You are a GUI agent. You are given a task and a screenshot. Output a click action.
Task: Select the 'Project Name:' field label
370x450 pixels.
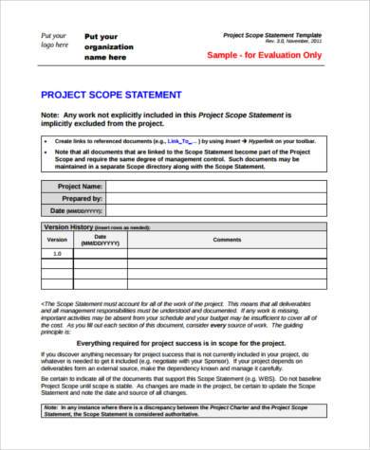coord(80,187)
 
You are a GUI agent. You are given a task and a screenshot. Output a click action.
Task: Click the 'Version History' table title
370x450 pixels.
coord(66,227)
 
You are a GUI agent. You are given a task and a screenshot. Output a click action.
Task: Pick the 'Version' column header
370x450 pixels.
coord(58,240)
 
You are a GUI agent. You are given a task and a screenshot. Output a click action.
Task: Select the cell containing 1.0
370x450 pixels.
coord(58,254)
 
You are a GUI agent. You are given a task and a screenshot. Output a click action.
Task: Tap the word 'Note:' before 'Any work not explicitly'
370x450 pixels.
coord(50,113)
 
